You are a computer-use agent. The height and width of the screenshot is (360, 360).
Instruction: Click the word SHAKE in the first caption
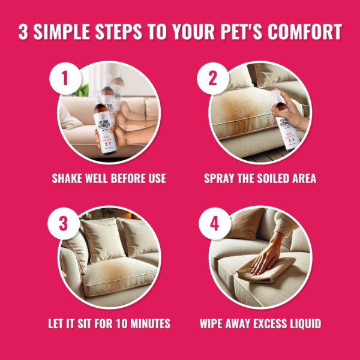coord(67,179)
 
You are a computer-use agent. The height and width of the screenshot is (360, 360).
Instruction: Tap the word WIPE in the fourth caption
coord(213,324)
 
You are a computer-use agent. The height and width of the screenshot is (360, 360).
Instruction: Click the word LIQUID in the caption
coord(302,324)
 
